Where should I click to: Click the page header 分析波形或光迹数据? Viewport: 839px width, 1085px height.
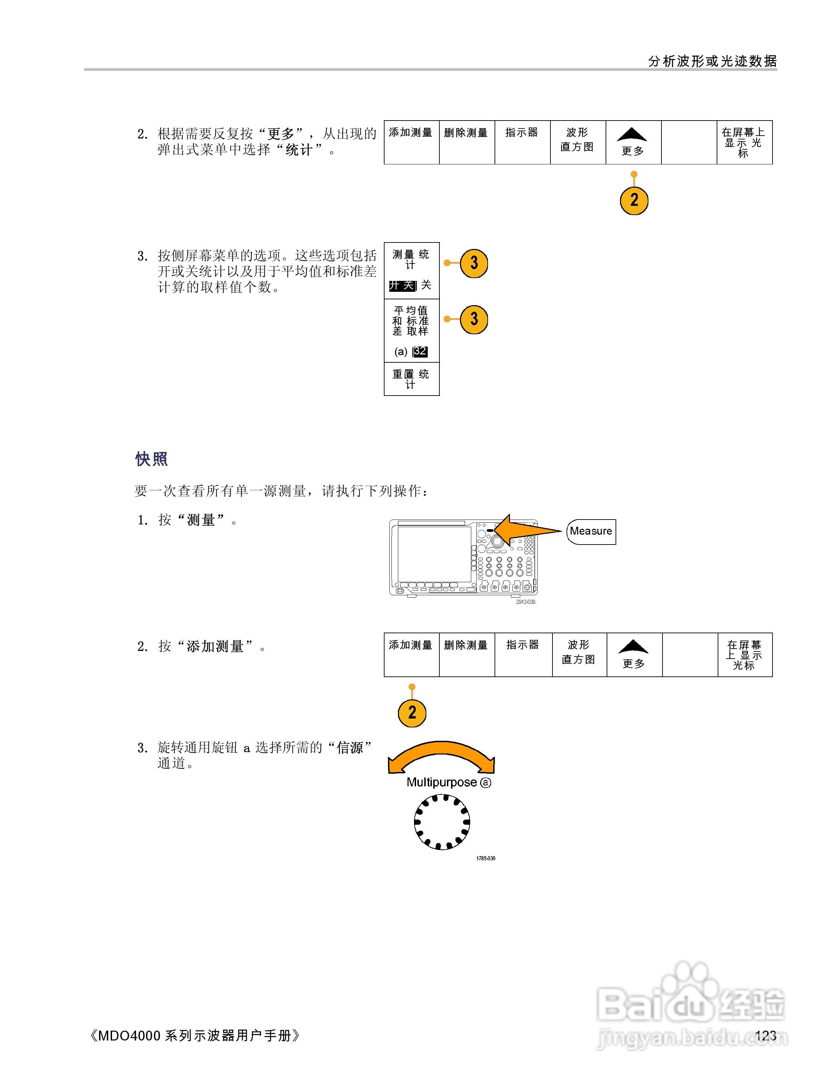[x=712, y=61]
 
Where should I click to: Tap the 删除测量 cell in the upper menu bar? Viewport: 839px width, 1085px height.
[x=466, y=142]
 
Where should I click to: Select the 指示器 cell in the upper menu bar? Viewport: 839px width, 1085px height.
[x=522, y=142]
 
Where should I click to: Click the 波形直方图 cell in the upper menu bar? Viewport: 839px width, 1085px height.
[x=577, y=142]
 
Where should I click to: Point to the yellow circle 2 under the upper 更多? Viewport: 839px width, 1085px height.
[x=634, y=200]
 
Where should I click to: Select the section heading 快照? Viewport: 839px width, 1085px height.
[x=151, y=459]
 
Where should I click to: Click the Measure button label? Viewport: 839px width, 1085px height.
[x=591, y=531]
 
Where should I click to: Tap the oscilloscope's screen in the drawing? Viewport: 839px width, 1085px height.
[x=434, y=553]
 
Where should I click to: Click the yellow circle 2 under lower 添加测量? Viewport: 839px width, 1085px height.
[x=412, y=712]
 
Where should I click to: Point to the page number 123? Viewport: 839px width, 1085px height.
[x=765, y=1035]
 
